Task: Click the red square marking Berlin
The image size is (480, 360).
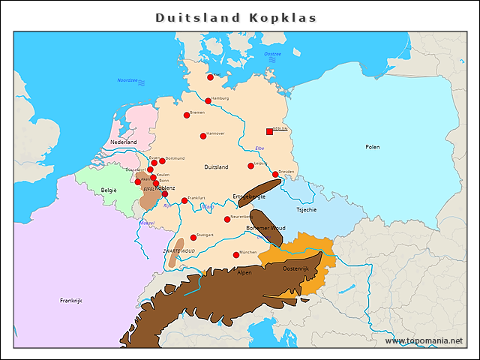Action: (x=270, y=132)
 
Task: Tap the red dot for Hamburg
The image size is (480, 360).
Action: (x=208, y=100)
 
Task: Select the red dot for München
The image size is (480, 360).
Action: (x=236, y=255)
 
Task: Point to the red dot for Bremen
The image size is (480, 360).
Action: (x=187, y=115)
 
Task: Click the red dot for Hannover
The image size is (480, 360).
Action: (x=202, y=136)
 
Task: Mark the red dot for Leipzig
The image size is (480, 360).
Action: (x=250, y=166)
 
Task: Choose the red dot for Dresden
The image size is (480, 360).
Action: (x=275, y=174)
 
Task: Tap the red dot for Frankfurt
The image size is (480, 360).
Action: (x=184, y=200)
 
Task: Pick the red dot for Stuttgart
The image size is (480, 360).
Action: (x=193, y=237)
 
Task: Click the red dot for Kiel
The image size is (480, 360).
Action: (x=211, y=76)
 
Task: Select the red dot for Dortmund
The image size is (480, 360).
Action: (x=162, y=160)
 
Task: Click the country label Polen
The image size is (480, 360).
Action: (x=373, y=147)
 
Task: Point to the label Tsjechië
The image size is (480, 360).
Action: (x=306, y=210)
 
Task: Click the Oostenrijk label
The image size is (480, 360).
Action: (x=295, y=268)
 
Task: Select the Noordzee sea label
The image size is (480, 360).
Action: (x=127, y=80)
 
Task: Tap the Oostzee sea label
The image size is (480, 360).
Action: (x=272, y=54)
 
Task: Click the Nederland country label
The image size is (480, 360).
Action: (x=124, y=142)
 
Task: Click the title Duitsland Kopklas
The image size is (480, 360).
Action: (x=236, y=17)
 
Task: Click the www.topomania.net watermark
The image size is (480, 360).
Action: (x=424, y=340)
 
